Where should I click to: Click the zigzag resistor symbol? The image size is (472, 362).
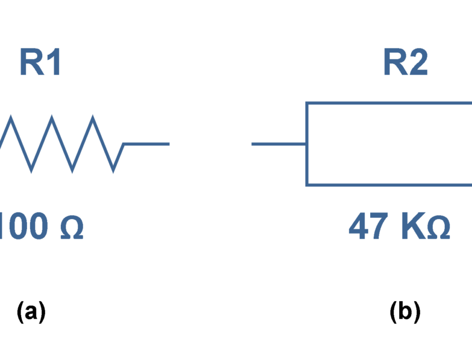click(60, 144)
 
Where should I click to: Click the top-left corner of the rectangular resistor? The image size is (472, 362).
click(307, 104)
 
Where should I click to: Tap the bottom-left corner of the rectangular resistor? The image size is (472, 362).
click(307, 185)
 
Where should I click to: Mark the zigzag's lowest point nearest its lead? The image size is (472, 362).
click(113, 171)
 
